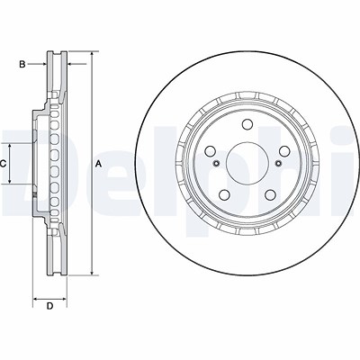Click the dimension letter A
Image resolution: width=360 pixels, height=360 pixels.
point(99,164)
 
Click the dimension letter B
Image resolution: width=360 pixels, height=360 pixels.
point(22,64)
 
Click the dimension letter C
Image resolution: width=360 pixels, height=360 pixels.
point(3,164)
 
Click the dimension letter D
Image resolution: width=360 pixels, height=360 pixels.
point(49,306)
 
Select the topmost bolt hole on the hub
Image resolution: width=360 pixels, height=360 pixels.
point(247,124)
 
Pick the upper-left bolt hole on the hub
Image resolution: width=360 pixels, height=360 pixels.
point(211,151)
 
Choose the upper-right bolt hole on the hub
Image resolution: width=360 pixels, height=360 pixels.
point(283,151)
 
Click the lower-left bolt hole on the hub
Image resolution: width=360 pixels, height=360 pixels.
point(225,195)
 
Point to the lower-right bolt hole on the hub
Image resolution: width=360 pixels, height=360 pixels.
point(270,195)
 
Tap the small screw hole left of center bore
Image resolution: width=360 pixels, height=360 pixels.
point(216,163)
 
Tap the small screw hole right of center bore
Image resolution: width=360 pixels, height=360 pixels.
point(279,163)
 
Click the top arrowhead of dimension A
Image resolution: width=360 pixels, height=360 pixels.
point(92,54)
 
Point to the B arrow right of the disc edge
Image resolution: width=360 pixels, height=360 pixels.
point(76,64)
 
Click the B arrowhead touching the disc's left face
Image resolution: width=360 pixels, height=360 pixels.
point(44,64)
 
